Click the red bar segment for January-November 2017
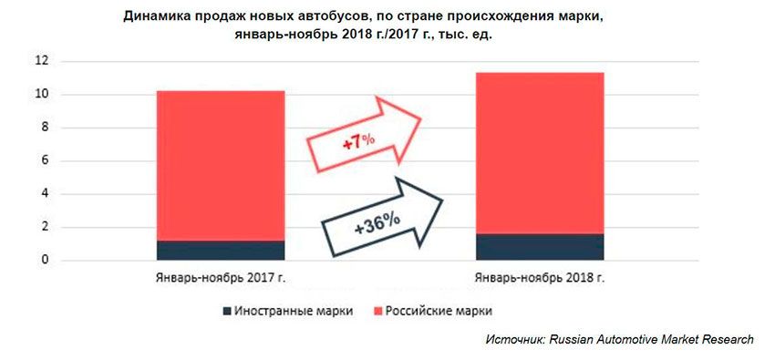click(221, 164)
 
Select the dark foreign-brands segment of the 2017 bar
click(221, 251)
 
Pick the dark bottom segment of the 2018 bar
click(540, 247)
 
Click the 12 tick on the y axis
click(42, 61)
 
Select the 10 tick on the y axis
click(42, 95)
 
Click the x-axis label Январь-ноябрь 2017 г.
click(221, 277)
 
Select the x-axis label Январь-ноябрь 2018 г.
click(540, 277)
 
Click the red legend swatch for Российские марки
click(378, 311)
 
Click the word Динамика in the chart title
click(157, 15)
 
